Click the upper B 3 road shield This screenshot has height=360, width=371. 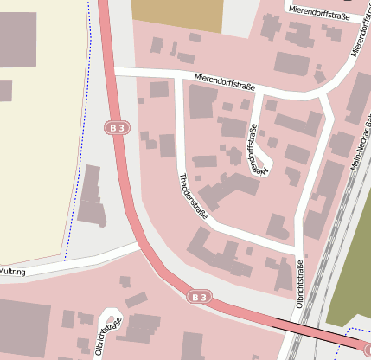(x=118, y=128)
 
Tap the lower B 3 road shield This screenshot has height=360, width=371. (x=200, y=297)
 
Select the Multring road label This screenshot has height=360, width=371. (x=13, y=271)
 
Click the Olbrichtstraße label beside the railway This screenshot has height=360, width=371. (x=299, y=284)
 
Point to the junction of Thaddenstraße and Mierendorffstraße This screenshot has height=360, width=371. (x=179, y=77)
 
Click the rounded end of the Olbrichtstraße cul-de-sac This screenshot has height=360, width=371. (x=111, y=313)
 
